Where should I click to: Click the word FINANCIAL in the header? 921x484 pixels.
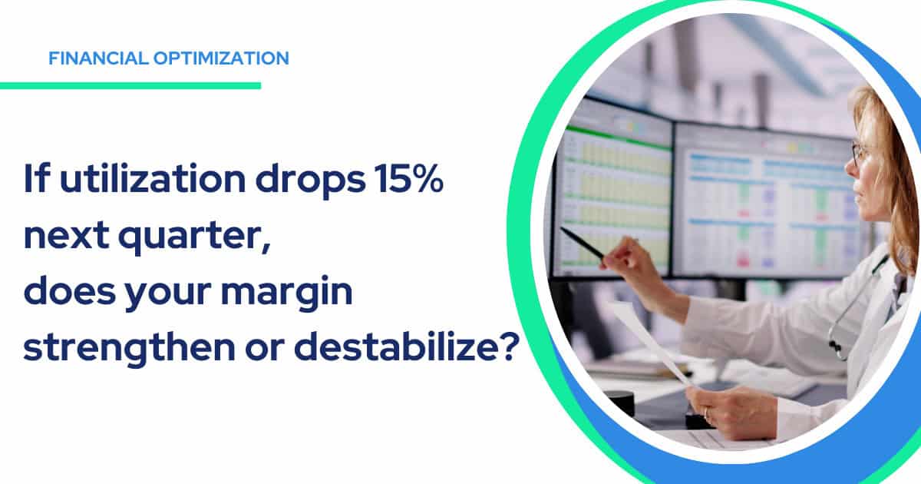(98, 58)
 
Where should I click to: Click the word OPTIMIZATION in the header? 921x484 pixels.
(221, 58)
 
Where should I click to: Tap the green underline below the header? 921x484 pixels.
(130, 85)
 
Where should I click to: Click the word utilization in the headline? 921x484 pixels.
(153, 178)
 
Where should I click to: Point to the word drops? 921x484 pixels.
(310, 181)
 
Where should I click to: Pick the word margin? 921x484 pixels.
(286, 293)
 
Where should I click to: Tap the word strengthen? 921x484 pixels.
(129, 348)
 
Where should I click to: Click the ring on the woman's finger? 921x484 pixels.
(705, 413)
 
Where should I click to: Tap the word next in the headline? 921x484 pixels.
(67, 236)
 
